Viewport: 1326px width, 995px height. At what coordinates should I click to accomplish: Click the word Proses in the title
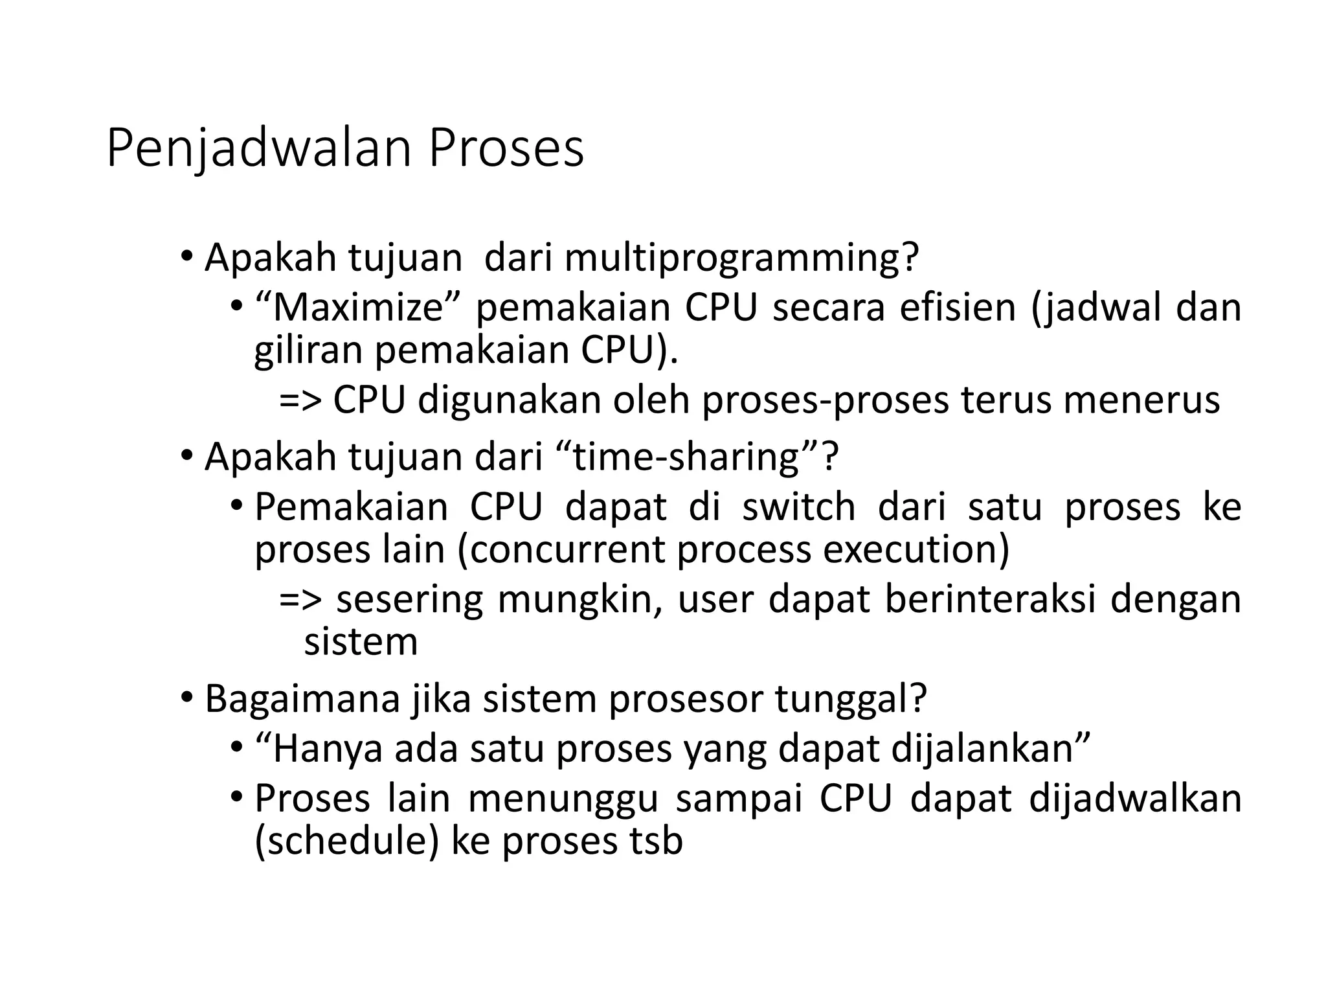click(x=506, y=149)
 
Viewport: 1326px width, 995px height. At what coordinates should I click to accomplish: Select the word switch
click(x=798, y=507)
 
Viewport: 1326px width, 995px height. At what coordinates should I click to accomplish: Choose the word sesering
click(x=409, y=599)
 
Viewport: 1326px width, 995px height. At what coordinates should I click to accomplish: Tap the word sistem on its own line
click(x=361, y=642)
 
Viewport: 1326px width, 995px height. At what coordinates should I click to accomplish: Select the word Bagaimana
click(x=302, y=699)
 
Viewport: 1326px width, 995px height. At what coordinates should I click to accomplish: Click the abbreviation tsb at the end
click(x=657, y=841)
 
